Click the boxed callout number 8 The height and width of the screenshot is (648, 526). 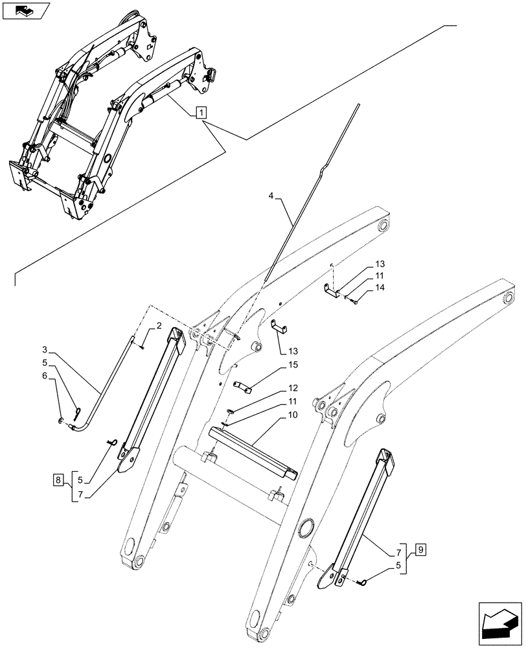pyautogui.click(x=59, y=480)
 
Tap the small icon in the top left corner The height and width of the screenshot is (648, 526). pyautogui.click(x=25, y=11)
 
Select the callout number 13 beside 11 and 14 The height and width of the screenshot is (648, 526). pyautogui.click(x=380, y=264)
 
